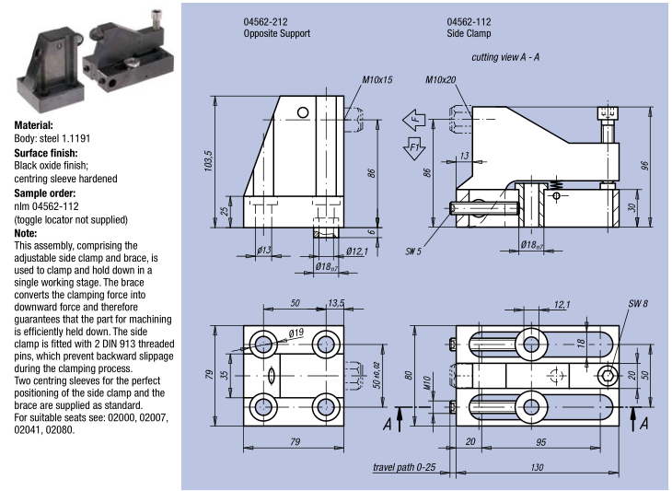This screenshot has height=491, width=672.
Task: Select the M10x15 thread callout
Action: click(x=377, y=80)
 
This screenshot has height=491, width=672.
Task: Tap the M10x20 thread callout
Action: click(x=441, y=80)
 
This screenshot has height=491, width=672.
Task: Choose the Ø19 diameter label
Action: click(x=295, y=332)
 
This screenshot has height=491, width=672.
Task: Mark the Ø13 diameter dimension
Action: click(x=261, y=250)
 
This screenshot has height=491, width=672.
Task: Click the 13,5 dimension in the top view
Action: click(x=336, y=303)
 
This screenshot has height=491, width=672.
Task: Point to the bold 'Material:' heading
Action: click(x=34, y=125)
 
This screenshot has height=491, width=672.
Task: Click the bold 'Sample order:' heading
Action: click(x=45, y=193)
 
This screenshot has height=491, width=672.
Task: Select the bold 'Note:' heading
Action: click(x=26, y=234)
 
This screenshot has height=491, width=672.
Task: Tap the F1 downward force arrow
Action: click(x=413, y=146)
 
